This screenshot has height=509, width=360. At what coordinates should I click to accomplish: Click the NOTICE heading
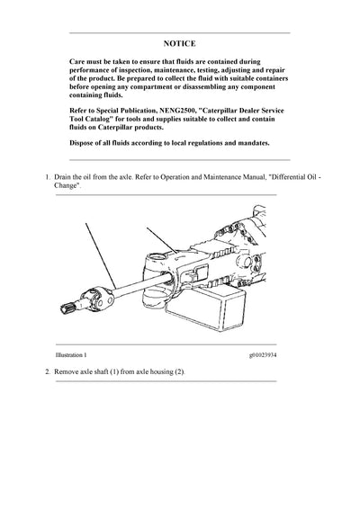tap(179, 42)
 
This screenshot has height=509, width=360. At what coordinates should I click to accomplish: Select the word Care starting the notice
tap(78, 65)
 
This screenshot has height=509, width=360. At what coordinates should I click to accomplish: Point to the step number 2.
tap(48, 372)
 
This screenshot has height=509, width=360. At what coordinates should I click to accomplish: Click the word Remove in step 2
tap(73, 372)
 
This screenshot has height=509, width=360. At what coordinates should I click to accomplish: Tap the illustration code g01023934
tap(256, 356)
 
